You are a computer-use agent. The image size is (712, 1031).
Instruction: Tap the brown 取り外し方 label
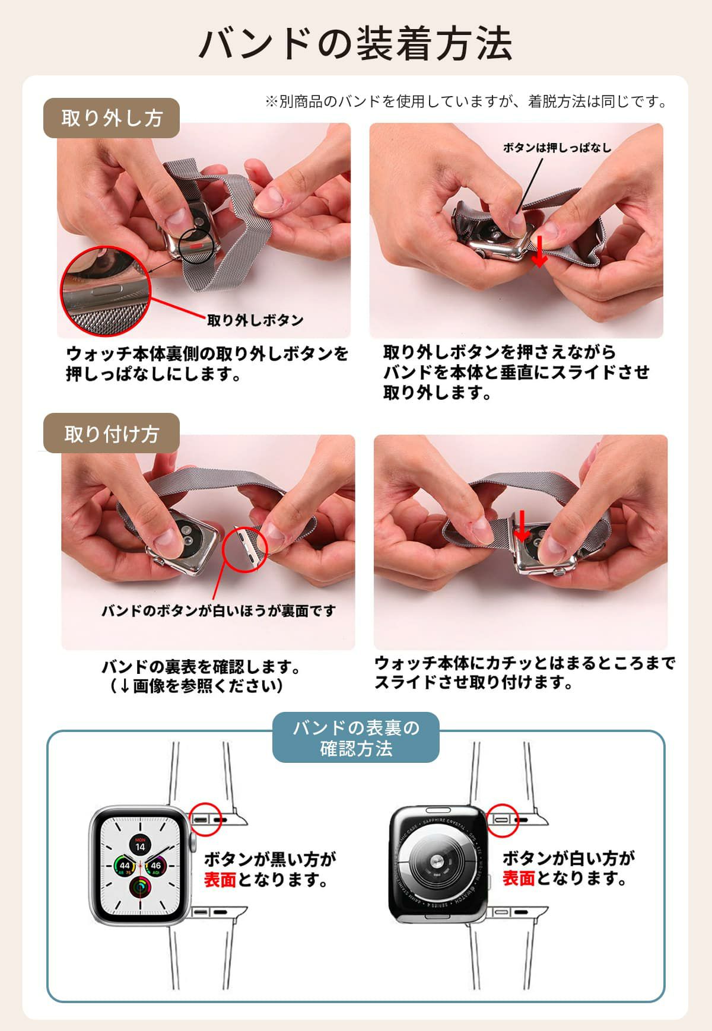tap(112, 118)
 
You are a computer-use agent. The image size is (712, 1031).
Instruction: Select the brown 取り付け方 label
tap(112, 434)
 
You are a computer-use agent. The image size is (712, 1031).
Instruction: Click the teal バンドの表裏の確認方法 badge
tap(356, 737)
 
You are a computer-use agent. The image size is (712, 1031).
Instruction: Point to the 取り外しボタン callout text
tap(255, 320)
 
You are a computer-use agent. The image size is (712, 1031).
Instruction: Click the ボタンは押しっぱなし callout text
tap(557, 148)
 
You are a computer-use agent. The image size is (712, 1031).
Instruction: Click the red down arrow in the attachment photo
tap(521, 526)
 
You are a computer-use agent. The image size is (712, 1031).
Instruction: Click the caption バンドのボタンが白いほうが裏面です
tap(219, 610)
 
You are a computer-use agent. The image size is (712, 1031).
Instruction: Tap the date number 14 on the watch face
tap(140, 847)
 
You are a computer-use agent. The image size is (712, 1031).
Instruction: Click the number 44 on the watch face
tap(124, 865)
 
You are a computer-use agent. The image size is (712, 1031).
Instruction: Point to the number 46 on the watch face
tap(155, 865)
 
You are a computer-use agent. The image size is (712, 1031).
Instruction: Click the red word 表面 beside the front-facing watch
tap(220, 880)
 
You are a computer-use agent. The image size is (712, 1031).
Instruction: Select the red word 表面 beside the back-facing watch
tap(519, 879)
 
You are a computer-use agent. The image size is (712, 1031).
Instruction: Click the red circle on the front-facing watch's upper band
tap(205, 820)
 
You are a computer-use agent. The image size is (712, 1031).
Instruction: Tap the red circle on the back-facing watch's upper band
tap(503, 820)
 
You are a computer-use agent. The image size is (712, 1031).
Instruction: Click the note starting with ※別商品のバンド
tap(466, 102)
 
